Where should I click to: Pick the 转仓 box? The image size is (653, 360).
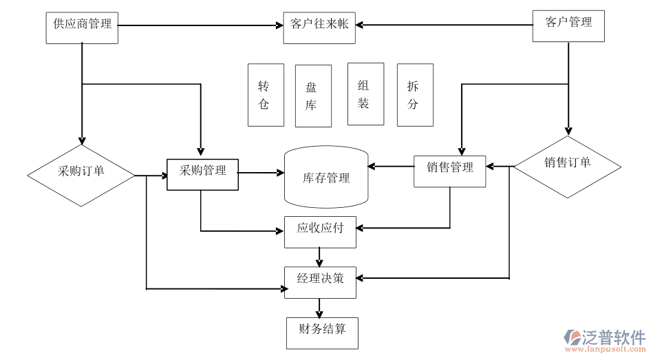point(266,95)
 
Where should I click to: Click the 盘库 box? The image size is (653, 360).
point(313,96)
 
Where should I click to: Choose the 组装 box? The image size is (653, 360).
point(365,94)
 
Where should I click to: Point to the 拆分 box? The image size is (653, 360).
point(415,95)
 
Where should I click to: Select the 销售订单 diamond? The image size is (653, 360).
point(568,166)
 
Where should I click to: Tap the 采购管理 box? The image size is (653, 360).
point(202,174)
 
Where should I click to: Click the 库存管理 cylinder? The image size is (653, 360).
point(326,177)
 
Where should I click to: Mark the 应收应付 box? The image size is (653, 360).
point(320,232)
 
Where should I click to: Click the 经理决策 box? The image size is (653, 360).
point(321,282)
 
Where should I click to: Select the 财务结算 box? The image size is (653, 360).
point(322,332)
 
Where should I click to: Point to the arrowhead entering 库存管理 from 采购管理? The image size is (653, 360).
point(281,173)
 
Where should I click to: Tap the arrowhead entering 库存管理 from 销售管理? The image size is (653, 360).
point(372,166)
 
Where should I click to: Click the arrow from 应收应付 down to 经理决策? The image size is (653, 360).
point(319,257)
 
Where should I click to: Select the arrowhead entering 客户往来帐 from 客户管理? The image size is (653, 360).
point(359,25)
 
